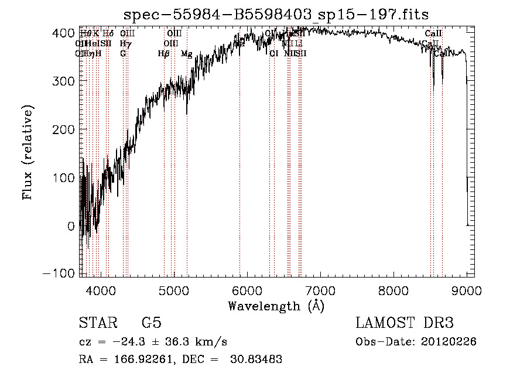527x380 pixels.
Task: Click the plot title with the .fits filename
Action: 276,16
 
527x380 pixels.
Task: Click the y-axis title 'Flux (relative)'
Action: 28,152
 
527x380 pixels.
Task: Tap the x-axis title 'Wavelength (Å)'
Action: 276,306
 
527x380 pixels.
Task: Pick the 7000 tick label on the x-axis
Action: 320,290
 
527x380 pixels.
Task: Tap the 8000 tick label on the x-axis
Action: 393,290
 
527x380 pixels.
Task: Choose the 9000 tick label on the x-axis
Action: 467,290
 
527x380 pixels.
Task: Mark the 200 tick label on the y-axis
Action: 64,129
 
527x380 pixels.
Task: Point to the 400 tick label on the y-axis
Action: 64,33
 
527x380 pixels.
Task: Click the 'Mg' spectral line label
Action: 186,54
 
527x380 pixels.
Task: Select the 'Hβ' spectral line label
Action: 163,54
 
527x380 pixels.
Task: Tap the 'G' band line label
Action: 123,54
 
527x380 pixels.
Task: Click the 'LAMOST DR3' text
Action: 405,323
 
